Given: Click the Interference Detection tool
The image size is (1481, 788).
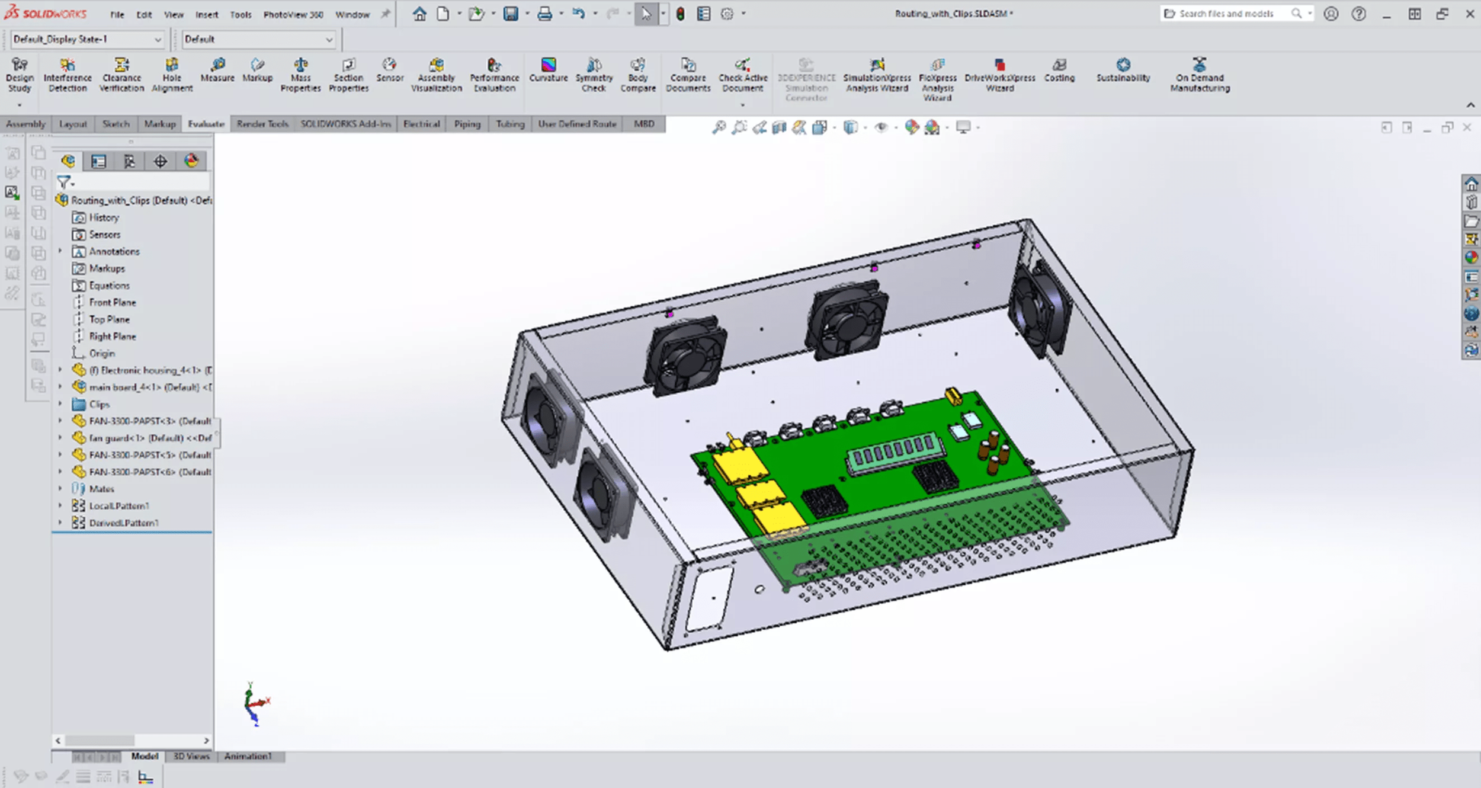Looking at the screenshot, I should (68, 75).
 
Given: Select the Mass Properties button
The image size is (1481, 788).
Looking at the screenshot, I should (300, 75).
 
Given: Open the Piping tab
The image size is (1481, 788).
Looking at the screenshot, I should (467, 124).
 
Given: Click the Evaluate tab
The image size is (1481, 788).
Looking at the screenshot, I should (206, 124).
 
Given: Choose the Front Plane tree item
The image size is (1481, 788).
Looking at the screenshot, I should (112, 302).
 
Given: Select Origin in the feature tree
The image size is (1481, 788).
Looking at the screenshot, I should (101, 353).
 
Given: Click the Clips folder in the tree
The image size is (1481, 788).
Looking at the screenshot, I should (99, 404).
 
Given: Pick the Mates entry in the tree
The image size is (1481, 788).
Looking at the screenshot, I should (101, 489).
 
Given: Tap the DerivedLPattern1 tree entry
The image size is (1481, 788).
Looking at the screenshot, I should (123, 523).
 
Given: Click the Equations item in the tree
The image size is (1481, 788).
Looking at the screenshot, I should (109, 286).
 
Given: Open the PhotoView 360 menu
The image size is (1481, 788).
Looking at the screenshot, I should (293, 14).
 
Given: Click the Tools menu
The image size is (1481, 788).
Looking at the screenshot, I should (241, 14).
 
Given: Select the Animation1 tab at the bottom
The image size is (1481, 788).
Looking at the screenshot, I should (248, 756).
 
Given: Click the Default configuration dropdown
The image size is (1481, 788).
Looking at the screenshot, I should (258, 39).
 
